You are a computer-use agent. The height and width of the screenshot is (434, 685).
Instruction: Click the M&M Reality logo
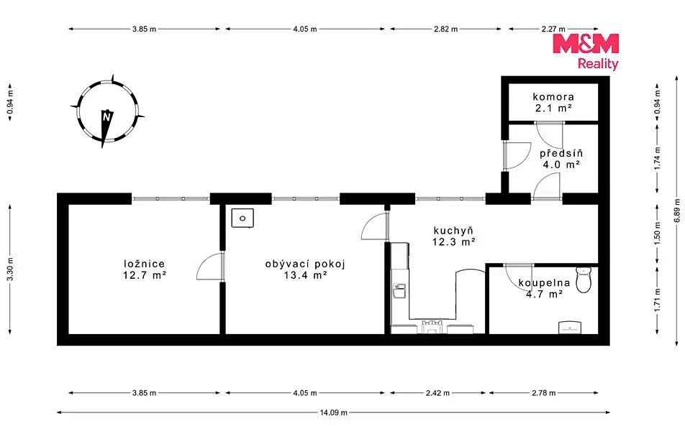click(x=586, y=52)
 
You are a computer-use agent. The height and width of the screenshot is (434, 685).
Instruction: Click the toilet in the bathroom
click(x=584, y=280)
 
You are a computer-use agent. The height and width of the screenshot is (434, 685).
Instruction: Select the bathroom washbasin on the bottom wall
click(x=570, y=328)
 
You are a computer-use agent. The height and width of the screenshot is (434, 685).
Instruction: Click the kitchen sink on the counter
click(x=399, y=290)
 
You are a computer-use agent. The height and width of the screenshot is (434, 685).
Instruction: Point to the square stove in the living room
click(x=242, y=218)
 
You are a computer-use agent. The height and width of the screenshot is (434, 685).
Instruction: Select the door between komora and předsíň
click(x=550, y=134)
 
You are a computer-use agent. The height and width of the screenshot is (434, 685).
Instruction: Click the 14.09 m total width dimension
click(x=333, y=412)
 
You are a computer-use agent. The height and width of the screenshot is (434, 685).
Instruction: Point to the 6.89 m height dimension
click(x=676, y=211)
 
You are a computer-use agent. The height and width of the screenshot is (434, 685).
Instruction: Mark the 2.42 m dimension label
click(x=437, y=393)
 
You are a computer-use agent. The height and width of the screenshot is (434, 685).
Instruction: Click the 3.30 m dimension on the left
click(x=10, y=269)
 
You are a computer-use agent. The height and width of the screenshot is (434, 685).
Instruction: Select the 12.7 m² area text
click(x=144, y=275)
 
